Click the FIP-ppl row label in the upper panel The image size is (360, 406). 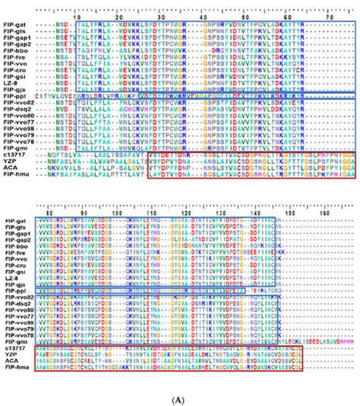pyautogui.click(x=14, y=96)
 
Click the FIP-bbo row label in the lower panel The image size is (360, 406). pyautogui.click(x=14, y=247)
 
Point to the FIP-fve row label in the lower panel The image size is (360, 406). pyautogui.click(x=14, y=254)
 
